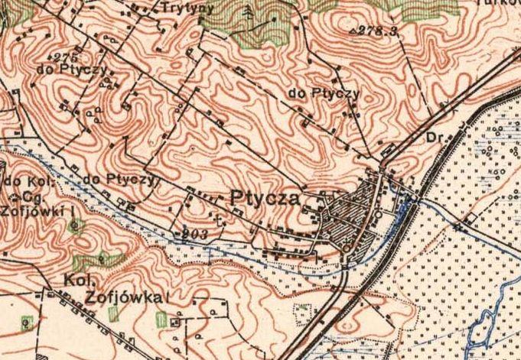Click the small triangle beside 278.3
(x=352, y=33)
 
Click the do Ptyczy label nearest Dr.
(x=324, y=93)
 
